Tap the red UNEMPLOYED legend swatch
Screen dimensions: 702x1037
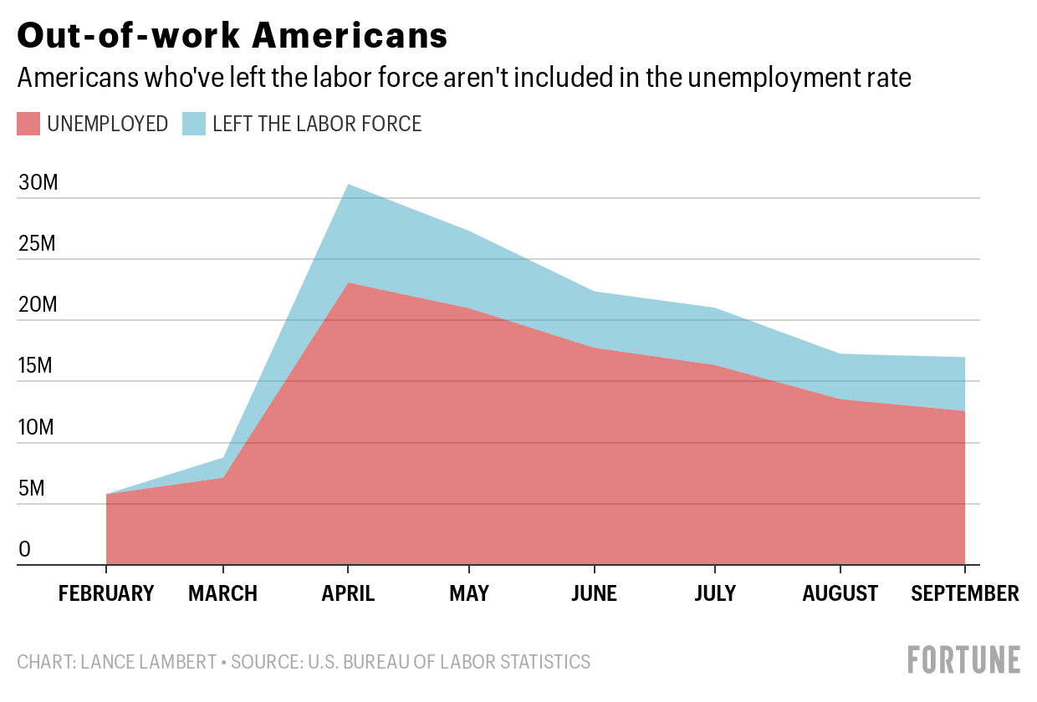tap(28, 125)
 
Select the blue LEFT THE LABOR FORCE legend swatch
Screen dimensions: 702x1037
tap(194, 125)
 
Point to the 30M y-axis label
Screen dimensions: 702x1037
tap(38, 183)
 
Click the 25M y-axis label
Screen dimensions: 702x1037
tap(38, 244)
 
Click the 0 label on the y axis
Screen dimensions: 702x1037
tap(25, 549)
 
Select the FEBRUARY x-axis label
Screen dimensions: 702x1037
tap(106, 593)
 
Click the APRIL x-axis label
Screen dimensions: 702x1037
tap(347, 593)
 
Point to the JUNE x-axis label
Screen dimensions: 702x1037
tap(594, 593)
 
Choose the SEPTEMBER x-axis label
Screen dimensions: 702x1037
tap(965, 593)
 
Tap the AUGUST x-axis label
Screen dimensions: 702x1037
tap(840, 593)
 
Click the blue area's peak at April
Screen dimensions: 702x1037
tap(347, 185)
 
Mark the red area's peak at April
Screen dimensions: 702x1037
tap(347, 283)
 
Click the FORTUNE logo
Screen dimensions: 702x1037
tap(964, 659)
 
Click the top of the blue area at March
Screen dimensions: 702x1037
tap(223, 458)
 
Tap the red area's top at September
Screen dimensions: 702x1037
tap(965, 411)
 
